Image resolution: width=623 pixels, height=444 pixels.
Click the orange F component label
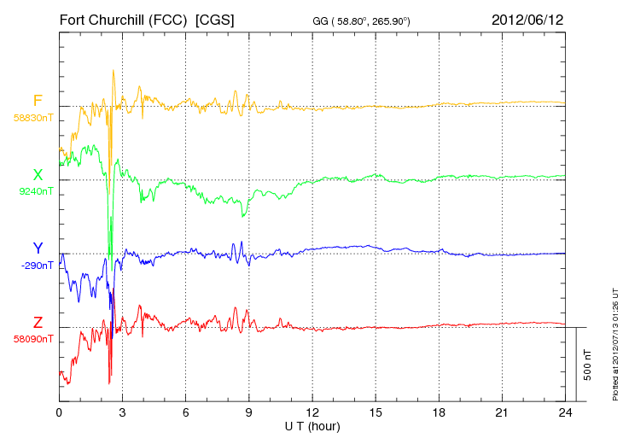(38, 102)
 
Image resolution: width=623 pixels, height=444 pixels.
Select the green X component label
(38, 175)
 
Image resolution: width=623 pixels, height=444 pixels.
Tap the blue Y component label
(38, 248)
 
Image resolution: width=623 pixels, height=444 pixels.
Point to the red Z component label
(38, 323)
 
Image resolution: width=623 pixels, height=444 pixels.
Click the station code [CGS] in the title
(214, 19)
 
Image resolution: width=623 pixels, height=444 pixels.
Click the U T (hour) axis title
(312, 426)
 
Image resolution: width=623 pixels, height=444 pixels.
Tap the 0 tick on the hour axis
(59, 412)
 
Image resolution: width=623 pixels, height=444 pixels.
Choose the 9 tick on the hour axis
(249, 412)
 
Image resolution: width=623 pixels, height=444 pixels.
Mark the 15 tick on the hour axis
(376, 412)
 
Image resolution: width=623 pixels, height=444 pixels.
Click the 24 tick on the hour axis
(565, 412)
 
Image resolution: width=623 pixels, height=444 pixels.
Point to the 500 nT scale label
(588, 364)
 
